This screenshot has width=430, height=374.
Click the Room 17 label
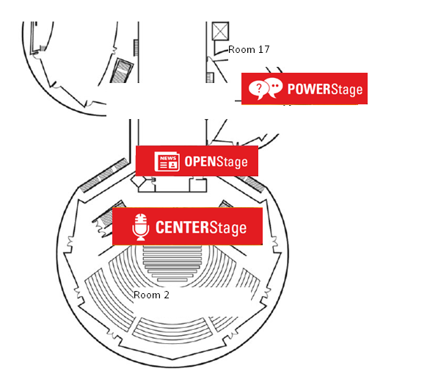coord(249,49)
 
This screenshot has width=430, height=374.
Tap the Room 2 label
coord(151,295)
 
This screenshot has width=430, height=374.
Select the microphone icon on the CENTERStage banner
coord(141,227)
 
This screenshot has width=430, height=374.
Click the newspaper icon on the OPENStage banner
coord(167,162)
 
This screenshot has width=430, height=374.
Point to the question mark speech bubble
coord(258,89)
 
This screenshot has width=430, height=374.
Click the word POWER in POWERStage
coord(309,89)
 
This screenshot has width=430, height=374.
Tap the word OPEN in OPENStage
coord(201,161)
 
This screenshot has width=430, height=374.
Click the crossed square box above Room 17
coord(220,32)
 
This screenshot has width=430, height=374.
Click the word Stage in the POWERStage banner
coord(346,90)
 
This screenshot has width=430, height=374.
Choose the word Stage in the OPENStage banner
coord(233,162)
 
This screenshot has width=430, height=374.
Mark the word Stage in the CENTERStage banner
coord(228,229)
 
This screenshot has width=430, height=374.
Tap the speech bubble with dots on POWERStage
coord(274,87)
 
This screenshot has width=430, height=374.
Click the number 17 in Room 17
coord(264,49)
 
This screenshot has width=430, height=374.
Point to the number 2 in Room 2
coord(167,295)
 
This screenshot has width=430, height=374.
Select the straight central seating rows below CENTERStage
coord(172,263)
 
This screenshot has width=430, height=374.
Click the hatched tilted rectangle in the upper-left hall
coord(122,71)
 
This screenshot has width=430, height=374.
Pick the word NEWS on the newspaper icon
coord(168,158)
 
